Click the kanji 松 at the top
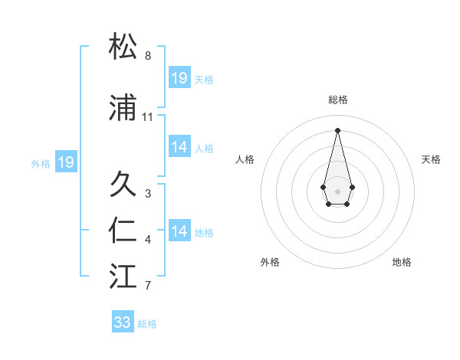123,47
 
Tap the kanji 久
123,185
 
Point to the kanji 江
123,277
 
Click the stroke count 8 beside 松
148,56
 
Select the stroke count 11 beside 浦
148,117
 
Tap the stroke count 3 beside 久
148,194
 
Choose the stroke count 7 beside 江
148,286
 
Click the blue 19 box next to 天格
179,78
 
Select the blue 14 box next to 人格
179,147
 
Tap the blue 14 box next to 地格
179,231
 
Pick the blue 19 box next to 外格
66,162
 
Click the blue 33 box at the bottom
123,322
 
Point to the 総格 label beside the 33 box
147,324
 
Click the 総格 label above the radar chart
337,100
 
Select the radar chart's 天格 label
431,159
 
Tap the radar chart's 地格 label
402,262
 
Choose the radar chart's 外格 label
270,262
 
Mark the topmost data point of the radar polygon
337,130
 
